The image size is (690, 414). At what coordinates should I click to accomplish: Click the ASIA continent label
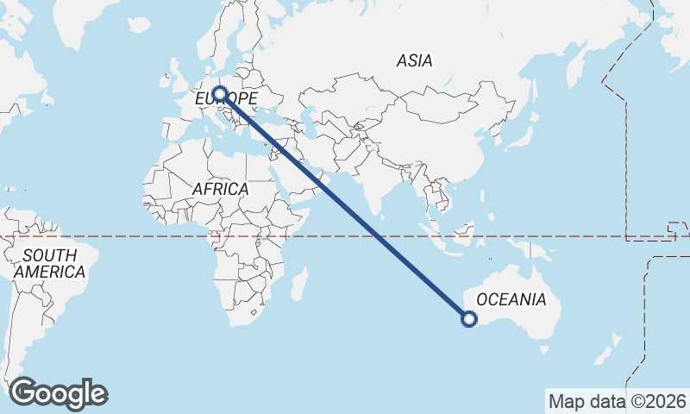point(414,61)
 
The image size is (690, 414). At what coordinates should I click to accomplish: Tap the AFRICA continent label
point(221,189)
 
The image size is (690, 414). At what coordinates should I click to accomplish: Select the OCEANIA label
point(511,300)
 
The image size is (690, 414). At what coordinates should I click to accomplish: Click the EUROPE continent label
point(226,99)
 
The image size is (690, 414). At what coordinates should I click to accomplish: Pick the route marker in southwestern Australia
point(469,319)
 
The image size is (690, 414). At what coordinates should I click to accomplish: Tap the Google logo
point(58,393)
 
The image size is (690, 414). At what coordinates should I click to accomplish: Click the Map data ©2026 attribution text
point(618,401)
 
